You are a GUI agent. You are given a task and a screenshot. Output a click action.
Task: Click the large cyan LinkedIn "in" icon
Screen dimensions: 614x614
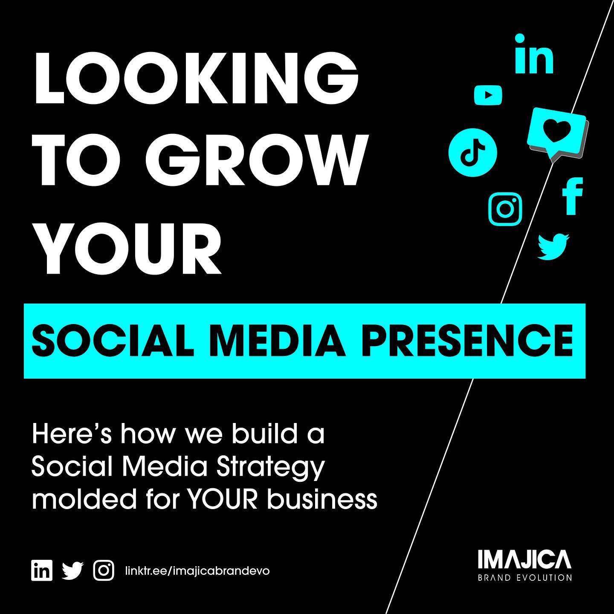pyautogui.click(x=534, y=55)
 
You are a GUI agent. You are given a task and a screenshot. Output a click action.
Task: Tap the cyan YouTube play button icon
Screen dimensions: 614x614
pyautogui.click(x=488, y=95)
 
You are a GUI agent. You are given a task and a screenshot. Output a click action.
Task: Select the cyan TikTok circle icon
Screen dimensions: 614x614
pyautogui.click(x=472, y=153)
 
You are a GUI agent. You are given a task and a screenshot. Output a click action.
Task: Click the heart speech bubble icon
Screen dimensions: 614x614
pyautogui.click(x=556, y=134)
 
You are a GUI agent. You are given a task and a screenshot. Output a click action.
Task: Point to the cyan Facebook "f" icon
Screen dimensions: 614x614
pyautogui.click(x=572, y=196)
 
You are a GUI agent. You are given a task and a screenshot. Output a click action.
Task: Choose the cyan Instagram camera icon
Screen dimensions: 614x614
pyautogui.click(x=505, y=209)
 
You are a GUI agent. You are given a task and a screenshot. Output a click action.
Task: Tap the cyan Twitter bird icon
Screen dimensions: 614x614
pyautogui.click(x=553, y=246)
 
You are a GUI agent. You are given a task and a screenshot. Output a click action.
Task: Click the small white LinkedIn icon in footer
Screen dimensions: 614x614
pyautogui.click(x=42, y=571)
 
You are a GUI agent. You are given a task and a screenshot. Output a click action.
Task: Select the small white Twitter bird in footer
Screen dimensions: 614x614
pyautogui.click(x=72, y=571)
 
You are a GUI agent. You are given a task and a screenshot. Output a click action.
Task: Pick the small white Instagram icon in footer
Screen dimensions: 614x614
pyautogui.click(x=104, y=571)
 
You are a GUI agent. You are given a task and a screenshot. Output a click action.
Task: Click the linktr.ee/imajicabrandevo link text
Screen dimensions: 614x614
pyautogui.click(x=197, y=571)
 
